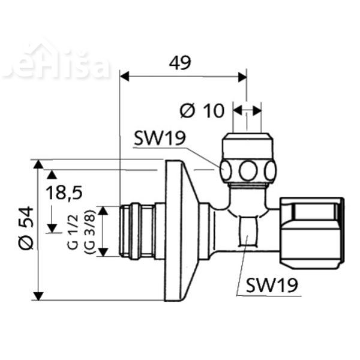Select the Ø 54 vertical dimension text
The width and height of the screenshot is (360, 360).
click(x=25, y=230)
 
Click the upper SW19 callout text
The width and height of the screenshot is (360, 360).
click(x=159, y=139)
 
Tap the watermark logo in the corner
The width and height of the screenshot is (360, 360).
click(x=57, y=64)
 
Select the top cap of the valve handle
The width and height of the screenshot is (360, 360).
click(x=247, y=145)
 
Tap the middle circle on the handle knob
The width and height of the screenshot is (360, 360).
click(x=247, y=171)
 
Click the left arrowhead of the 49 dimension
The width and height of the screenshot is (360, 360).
click(x=124, y=76)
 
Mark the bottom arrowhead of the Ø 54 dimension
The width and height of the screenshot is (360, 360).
click(x=39, y=296)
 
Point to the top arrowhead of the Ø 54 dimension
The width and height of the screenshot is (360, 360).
click(x=39, y=164)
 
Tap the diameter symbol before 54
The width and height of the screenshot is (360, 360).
click(x=25, y=244)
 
